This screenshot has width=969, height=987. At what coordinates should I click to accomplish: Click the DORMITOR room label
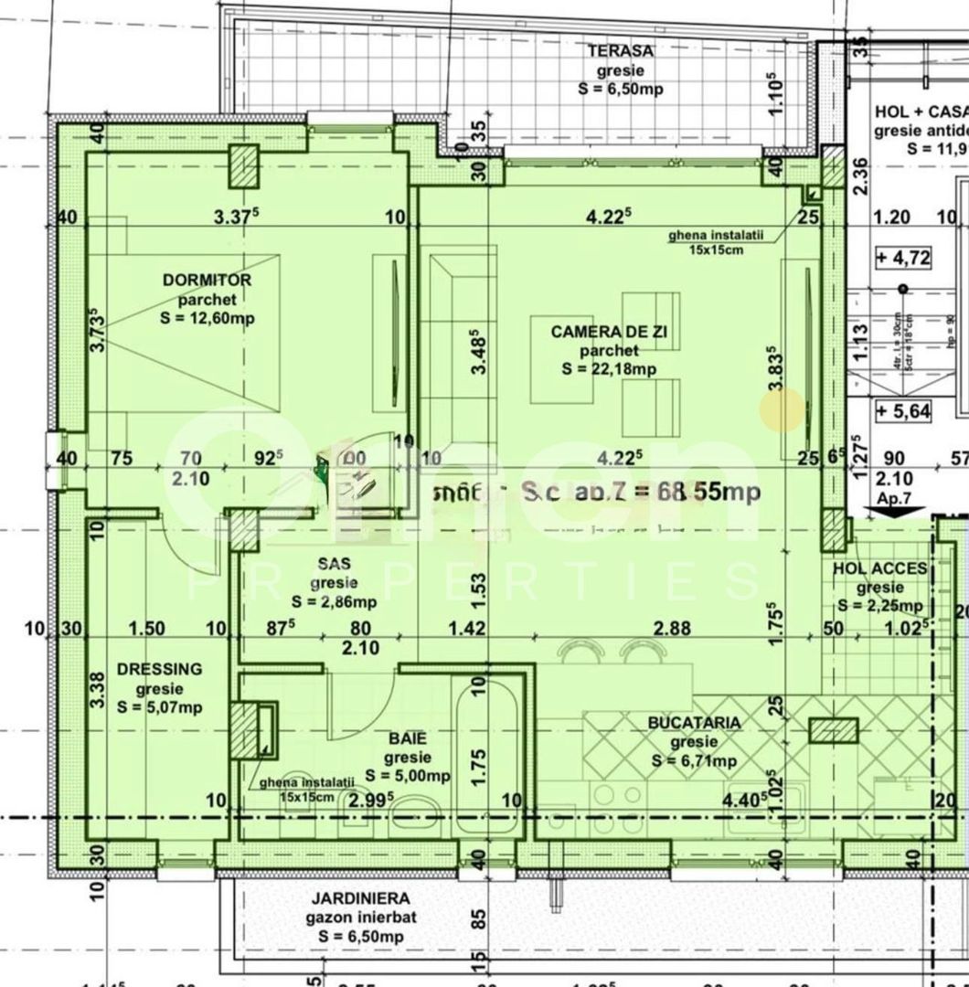pos(207,280)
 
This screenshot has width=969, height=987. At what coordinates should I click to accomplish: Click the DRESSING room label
pos(160,670)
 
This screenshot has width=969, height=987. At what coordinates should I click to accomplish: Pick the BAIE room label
pos(407,738)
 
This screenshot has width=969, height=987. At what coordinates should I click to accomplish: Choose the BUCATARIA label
pos(695,723)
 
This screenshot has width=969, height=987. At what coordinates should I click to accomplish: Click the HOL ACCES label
pos(879,569)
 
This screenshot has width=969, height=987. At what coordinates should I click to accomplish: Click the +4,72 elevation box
pos(902,258)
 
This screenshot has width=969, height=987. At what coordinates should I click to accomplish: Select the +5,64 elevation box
pos(902,411)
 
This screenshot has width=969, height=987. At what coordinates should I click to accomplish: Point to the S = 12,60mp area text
pos(207,318)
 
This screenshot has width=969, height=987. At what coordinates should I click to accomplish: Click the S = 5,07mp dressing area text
pos(160,707)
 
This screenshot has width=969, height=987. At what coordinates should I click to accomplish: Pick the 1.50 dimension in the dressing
pos(147,628)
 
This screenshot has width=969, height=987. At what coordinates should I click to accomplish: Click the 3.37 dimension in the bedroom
pos(236,217)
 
